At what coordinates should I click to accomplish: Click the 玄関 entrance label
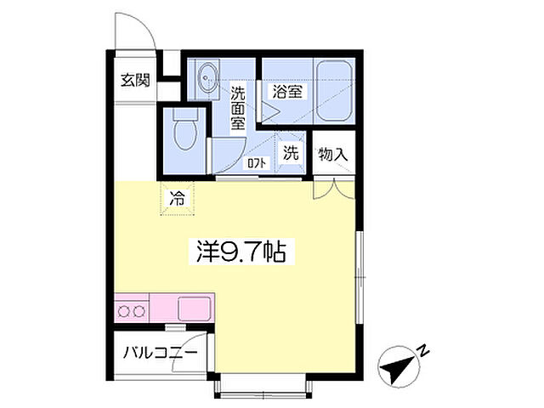[134, 82]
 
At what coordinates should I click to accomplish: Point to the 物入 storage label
[332, 156]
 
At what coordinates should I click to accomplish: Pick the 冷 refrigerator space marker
[178, 200]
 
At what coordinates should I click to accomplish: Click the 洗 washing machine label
[291, 154]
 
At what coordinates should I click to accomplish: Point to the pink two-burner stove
[131, 310]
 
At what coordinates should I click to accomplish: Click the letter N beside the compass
[423, 348]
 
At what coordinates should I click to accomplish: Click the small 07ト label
[255, 161]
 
